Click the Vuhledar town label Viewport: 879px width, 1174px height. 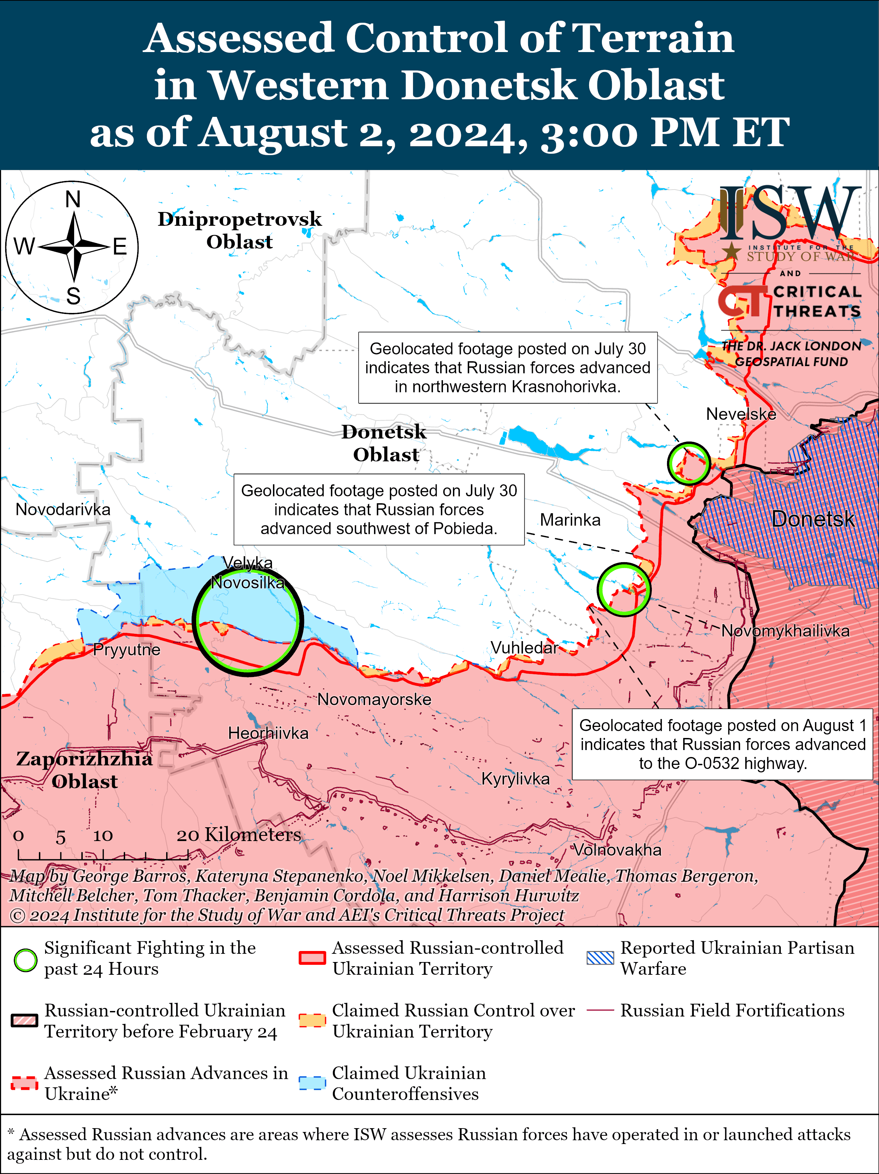tap(524, 648)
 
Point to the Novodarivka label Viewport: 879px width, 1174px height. tap(63, 509)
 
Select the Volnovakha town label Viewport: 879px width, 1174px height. tap(617, 850)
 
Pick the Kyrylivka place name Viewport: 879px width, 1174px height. tap(515, 779)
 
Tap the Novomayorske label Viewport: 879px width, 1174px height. tap(374, 699)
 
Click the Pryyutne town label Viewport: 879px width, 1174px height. tap(126, 650)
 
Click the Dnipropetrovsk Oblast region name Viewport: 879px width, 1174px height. tap(239, 230)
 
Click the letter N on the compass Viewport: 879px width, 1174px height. tap(73, 200)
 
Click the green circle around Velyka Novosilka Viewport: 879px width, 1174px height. tap(248, 622)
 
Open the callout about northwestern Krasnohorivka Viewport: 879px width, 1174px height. tap(507, 367)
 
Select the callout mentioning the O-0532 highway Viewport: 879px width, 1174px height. tap(722, 744)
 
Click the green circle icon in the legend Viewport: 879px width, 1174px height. tap(25, 960)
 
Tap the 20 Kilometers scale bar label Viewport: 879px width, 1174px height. tap(239, 835)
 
